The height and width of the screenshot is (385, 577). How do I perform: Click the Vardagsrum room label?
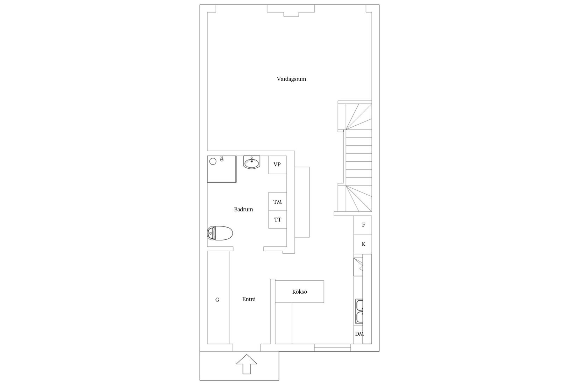(x=291, y=79)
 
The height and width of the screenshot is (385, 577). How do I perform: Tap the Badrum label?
(x=243, y=209)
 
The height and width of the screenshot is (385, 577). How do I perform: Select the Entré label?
(x=249, y=299)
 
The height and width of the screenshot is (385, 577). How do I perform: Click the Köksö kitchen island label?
(x=300, y=292)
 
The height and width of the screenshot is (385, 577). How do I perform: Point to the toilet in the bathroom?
(x=220, y=233)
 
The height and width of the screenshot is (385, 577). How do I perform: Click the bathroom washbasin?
(x=252, y=162)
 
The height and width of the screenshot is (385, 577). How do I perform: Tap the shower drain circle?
(x=213, y=161)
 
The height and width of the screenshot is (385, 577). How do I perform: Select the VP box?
(x=277, y=165)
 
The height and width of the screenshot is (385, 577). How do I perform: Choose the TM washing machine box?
(x=277, y=201)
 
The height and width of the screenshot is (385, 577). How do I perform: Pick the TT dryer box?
(x=277, y=219)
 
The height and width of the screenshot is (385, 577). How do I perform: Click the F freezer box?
(x=363, y=225)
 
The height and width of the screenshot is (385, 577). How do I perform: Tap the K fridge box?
(x=363, y=244)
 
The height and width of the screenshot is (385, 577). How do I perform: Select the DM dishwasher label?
(x=359, y=334)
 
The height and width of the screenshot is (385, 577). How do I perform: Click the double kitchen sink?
(x=359, y=311)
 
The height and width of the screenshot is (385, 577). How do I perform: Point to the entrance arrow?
(x=247, y=364)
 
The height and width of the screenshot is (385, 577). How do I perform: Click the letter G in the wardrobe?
(x=217, y=300)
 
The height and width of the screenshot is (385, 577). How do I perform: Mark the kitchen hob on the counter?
(x=358, y=267)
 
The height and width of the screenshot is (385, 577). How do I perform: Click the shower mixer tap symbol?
(x=221, y=159)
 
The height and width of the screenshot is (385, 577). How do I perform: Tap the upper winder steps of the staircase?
(x=358, y=117)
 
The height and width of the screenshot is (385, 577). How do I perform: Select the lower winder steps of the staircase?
(x=358, y=198)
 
